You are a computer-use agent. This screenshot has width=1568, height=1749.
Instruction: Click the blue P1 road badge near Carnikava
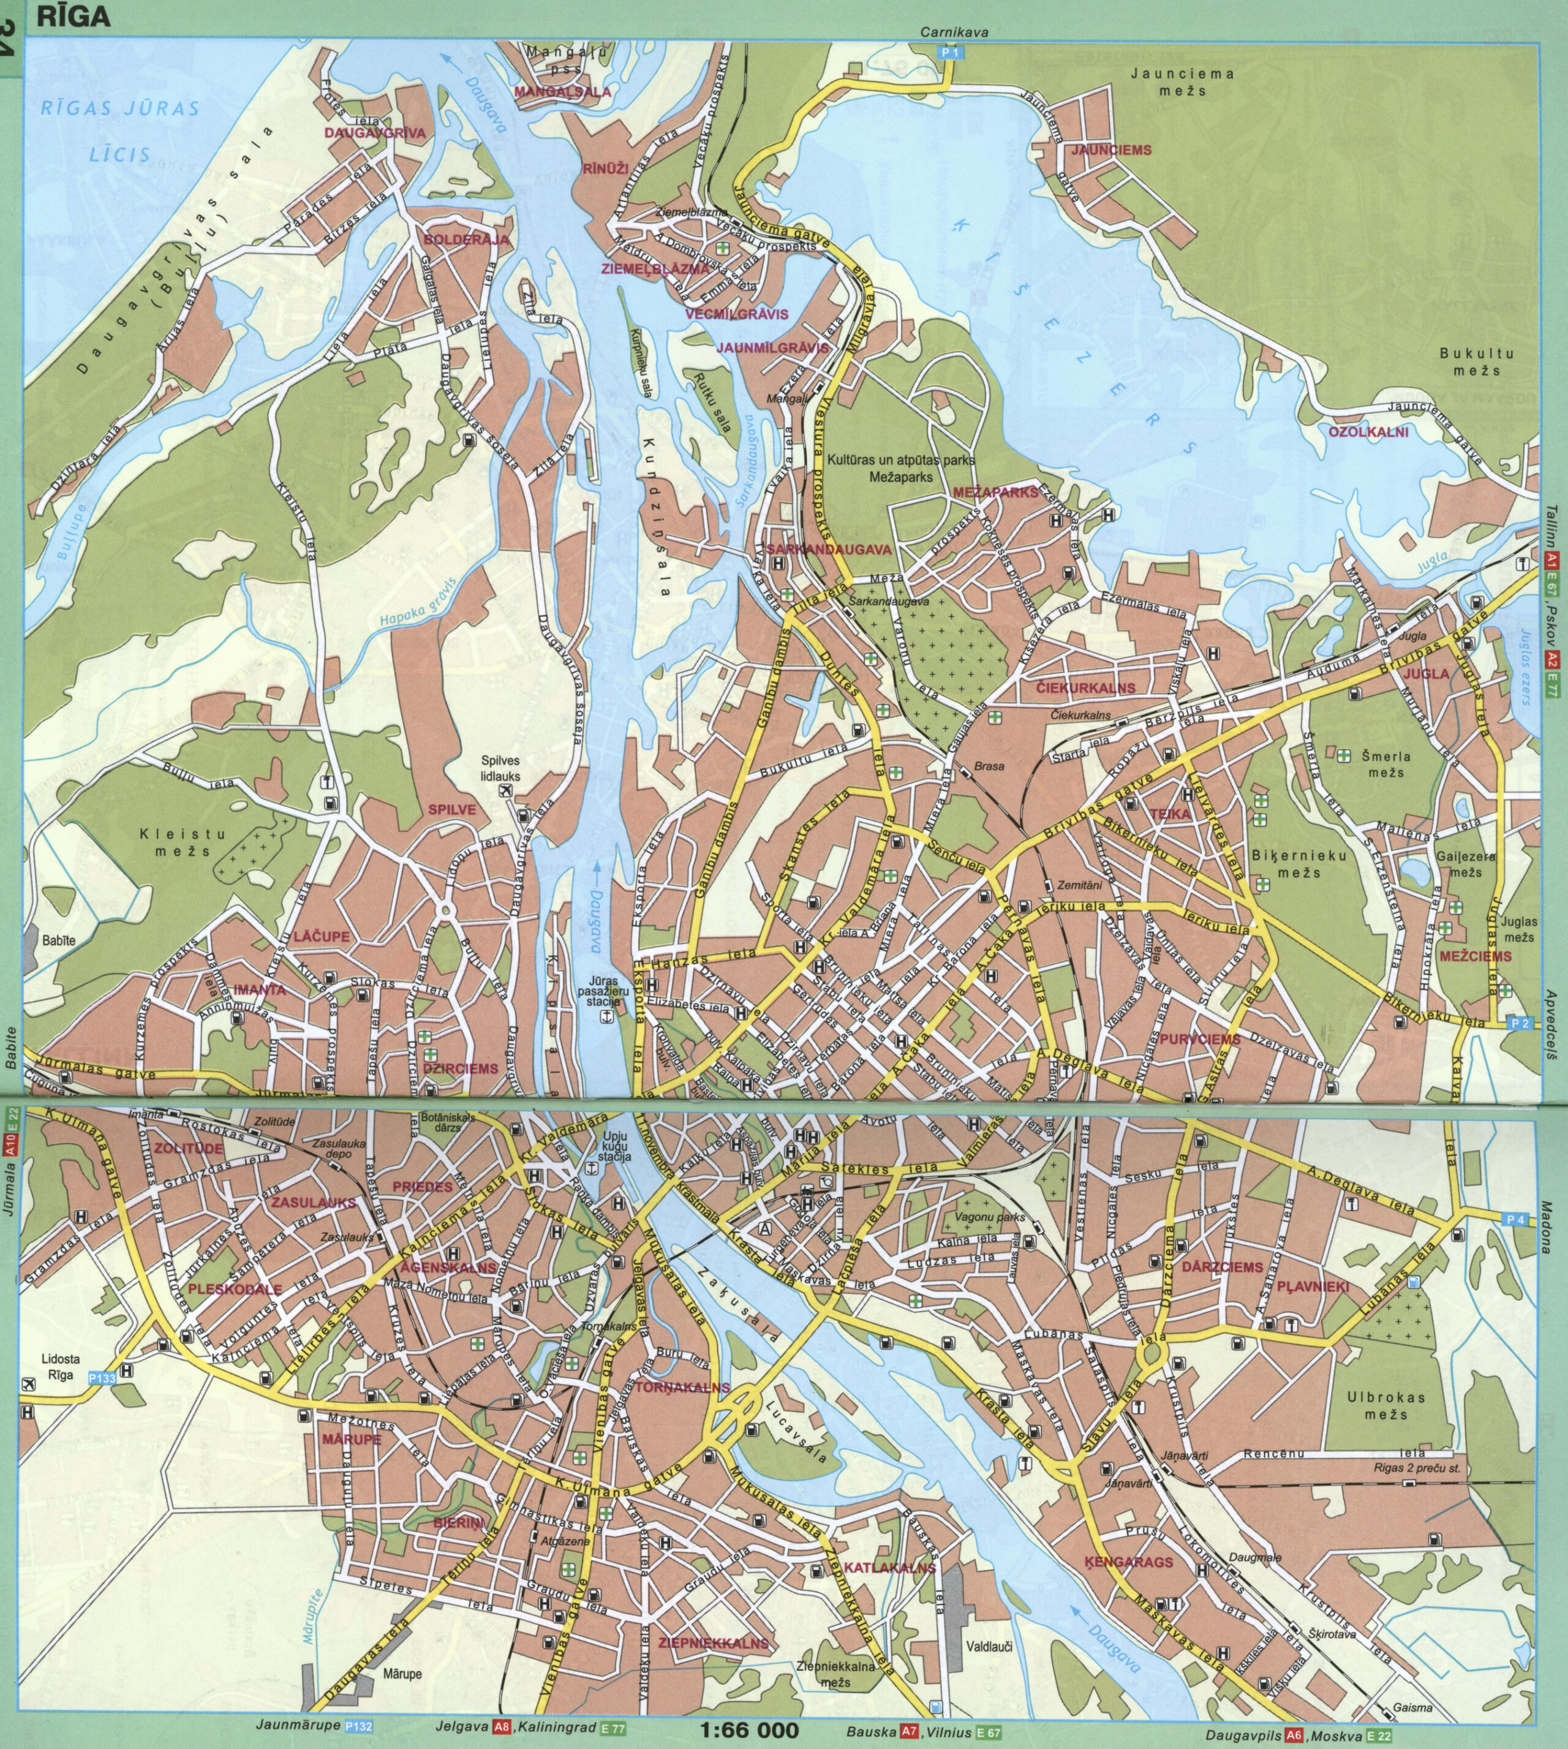950,53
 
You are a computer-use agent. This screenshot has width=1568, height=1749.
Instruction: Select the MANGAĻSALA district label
563,91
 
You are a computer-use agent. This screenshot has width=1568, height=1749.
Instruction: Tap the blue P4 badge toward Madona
1515,1219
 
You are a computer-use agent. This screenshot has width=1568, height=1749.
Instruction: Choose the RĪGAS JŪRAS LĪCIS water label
121,131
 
